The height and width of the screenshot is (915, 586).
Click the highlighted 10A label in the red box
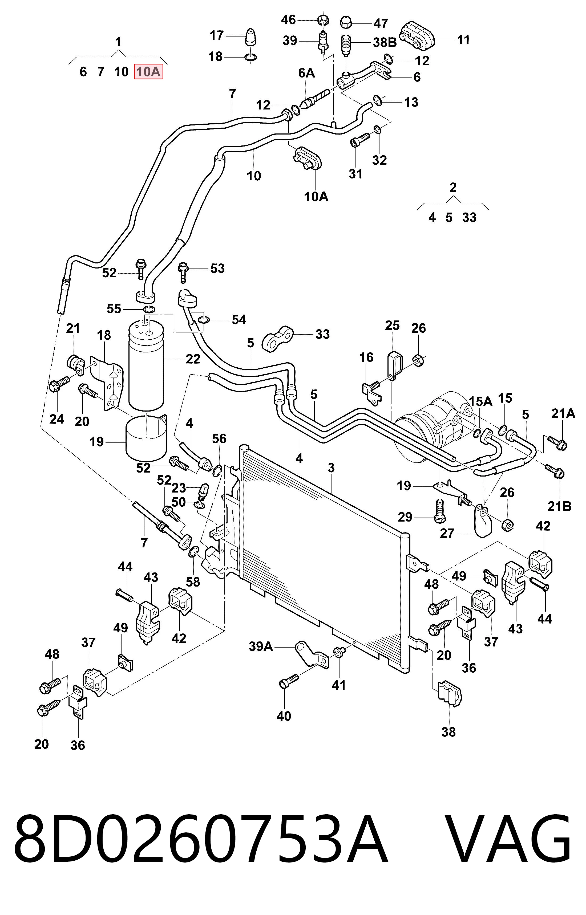pyautogui.click(x=148, y=71)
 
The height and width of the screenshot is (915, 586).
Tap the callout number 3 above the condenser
pyautogui.click(x=331, y=468)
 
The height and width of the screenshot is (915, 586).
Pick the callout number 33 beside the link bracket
pyautogui.click(x=322, y=334)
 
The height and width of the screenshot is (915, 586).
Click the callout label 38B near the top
pyautogui.click(x=385, y=43)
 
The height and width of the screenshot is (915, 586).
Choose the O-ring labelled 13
pyautogui.click(x=377, y=100)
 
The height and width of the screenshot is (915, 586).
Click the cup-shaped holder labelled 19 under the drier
pyautogui.click(x=146, y=437)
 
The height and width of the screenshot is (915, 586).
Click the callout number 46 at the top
pyautogui.click(x=288, y=19)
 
